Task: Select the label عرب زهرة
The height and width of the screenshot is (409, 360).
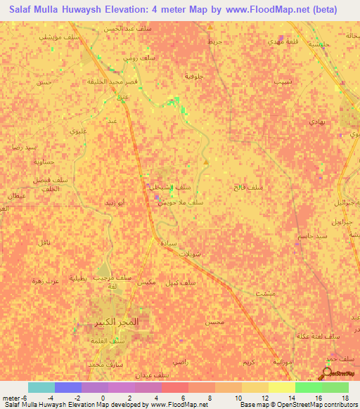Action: (37, 280)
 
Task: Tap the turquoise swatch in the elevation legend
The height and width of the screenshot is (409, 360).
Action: (41, 387)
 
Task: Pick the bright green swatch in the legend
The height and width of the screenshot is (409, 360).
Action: (308, 387)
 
